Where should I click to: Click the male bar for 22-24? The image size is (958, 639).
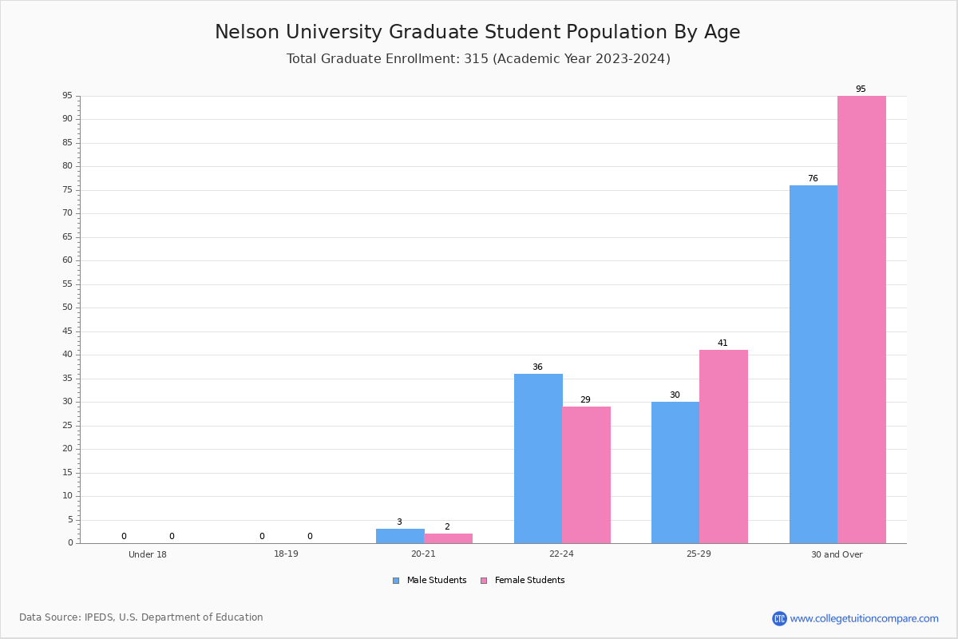538,458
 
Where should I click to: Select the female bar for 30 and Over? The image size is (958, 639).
861,319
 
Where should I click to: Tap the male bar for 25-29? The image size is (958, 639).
675,473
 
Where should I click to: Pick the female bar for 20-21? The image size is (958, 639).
448,538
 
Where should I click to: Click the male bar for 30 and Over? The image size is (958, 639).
814,364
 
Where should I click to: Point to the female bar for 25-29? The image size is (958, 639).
723,447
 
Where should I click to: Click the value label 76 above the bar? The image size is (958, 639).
813,178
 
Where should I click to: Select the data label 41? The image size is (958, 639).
722,343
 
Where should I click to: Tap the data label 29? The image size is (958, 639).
585,399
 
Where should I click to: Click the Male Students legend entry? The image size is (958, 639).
430,580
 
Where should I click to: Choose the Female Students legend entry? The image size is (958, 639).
523,580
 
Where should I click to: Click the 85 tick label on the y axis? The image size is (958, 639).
68,142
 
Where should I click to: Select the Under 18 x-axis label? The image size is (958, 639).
148,554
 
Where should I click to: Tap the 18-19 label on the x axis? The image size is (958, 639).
286,554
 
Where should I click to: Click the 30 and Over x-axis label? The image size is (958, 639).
837,554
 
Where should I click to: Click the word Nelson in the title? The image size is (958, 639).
247,32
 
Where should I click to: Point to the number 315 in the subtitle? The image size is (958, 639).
476,58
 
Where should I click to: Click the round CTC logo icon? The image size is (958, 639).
779,618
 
